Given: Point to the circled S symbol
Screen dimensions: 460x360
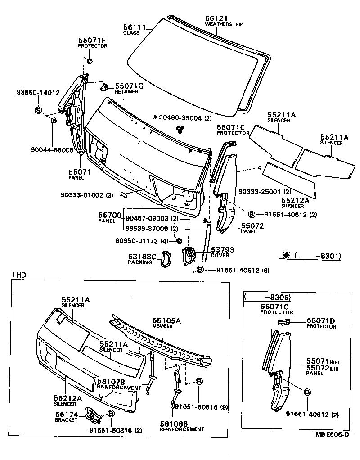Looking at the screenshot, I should click(x=38, y=110).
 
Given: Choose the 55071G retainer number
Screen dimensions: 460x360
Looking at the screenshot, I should click(x=129, y=86).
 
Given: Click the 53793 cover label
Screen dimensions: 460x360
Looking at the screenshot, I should click(x=223, y=249).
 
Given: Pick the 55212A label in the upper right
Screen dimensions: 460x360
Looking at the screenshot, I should click(x=295, y=200).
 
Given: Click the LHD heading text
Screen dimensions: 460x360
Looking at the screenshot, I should click(x=19, y=275).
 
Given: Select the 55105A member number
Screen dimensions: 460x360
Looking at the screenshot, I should click(x=166, y=321).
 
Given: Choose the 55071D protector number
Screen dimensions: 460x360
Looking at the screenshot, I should click(x=321, y=321).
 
